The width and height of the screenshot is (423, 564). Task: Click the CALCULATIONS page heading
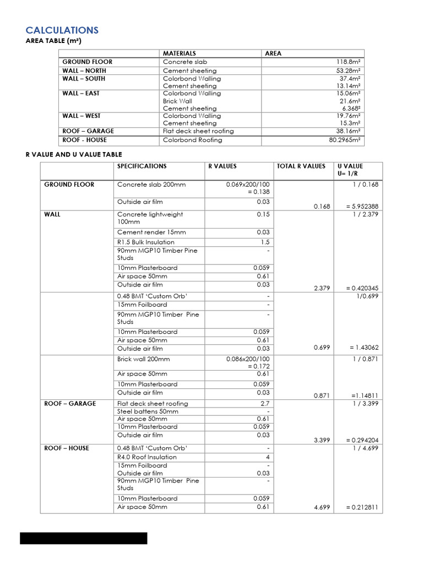pyautogui.click(x=62, y=30)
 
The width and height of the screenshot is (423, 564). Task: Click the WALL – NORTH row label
pyautogui.click(x=84, y=70)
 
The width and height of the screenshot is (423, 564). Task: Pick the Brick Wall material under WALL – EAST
pyautogui.click(x=177, y=101)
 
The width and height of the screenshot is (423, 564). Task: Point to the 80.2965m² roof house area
pyautogui.click(x=342, y=140)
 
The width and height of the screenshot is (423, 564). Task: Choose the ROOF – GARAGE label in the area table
pyautogui.click(x=88, y=131)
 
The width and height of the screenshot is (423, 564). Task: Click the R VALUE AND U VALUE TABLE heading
pyautogui.click(x=74, y=155)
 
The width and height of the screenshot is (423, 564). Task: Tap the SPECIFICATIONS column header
pyautogui.click(x=142, y=166)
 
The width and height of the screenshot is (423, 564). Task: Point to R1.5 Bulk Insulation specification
pyautogui.click(x=145, y=242)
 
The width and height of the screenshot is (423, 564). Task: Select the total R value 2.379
pyautogui.click(x=322, y=288)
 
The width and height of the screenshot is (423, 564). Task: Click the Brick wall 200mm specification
pyautogui.click(x=143, y=359)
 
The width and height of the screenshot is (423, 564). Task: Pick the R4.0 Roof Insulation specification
pyautogui.click(x=146, y=457)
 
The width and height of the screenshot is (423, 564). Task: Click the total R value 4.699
pyautogui.click(x=322, y=507)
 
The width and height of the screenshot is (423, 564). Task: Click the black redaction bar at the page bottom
pyautogui.click(x=84, y=538)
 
